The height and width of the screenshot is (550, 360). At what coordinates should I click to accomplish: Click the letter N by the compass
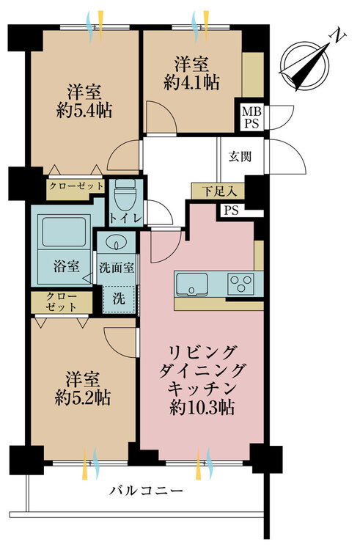pos(338,36)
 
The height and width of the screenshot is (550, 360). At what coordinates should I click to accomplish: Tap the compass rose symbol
pos(305,65)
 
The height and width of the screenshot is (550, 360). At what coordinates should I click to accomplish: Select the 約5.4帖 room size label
pos(84,111)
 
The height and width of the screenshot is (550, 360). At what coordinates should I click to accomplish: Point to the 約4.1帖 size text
pos(192,82)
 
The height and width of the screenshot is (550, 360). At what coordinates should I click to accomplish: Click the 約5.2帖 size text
pos(83,397)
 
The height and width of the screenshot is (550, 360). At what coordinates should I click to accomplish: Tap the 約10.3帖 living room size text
pos(202,407)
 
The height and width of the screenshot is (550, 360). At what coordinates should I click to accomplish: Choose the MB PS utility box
pos(251,117)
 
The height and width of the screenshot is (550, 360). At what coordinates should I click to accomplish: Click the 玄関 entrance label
pos(240,156)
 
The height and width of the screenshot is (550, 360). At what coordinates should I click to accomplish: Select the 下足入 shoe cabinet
pos(218,191)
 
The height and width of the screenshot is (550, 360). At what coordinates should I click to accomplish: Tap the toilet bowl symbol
pos(125,194)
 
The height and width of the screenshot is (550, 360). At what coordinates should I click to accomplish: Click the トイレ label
pos(125,219)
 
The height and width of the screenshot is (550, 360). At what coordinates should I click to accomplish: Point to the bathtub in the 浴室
pos(64,232)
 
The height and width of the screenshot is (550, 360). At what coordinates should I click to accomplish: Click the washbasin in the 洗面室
pos(116,242)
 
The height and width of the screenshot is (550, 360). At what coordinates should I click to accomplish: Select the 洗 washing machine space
pos(119,298)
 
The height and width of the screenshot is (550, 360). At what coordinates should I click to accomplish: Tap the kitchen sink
pos(191,284)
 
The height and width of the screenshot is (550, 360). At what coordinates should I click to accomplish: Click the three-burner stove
pos(240,283)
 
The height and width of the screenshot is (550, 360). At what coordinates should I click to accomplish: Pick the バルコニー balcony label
pos(146,490)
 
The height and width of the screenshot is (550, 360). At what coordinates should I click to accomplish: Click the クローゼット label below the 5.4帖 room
pos(76,186)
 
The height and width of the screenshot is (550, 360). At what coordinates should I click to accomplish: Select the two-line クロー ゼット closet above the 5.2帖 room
pos(62,302)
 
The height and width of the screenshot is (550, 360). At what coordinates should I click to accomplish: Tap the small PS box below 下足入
pos(232,210)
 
